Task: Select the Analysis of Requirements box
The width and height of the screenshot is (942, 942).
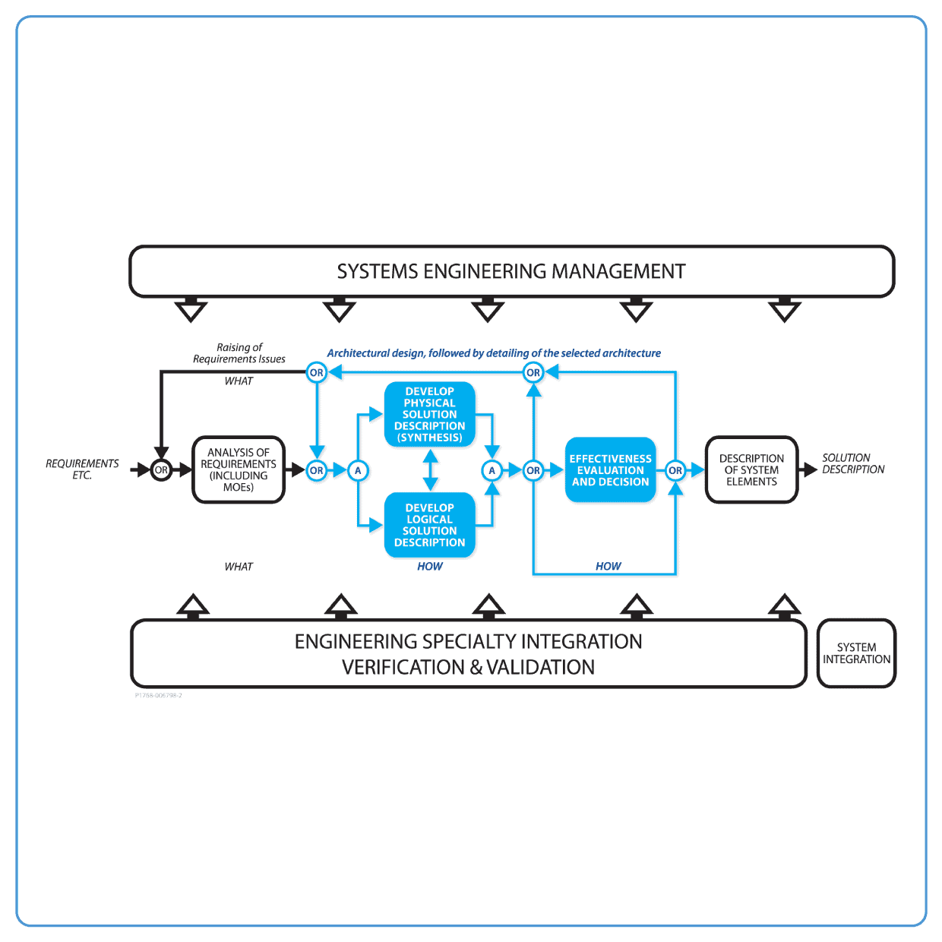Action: [x=239, y=469]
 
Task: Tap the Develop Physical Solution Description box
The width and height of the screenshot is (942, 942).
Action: [x=430, y=414]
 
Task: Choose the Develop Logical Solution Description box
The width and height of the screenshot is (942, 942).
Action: [x=430, y=525]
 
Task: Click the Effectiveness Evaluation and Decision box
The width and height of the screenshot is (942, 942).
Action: [x=610, y=470]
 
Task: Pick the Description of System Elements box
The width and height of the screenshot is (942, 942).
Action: [x=751, y=469]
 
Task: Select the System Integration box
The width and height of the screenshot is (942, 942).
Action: [x=856, y=653]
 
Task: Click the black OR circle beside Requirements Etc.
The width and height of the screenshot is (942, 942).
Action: [x=161, y=470]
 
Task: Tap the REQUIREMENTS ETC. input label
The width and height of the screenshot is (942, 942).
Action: [x=82, y=469]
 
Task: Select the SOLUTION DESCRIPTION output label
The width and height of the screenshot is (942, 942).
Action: [x=853, y=463]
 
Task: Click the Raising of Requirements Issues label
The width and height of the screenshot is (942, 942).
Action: [x=239, y=353]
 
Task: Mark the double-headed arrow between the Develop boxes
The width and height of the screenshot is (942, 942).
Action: [x=430, y=470]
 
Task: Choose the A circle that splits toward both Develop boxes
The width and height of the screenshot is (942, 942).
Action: [x=358, y=470]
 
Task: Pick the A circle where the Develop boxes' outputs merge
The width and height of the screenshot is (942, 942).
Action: [x=492, y=470]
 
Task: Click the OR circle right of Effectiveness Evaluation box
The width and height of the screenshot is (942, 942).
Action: [x=675, y=470]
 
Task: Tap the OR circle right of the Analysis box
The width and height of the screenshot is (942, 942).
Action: [x=317, y=470]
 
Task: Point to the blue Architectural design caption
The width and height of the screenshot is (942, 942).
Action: [x=494, y=353]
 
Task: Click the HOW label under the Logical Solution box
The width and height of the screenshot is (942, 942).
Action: [x=430, y=566]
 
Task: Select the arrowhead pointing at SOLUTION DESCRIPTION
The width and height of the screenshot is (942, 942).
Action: [x=811, y=470]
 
